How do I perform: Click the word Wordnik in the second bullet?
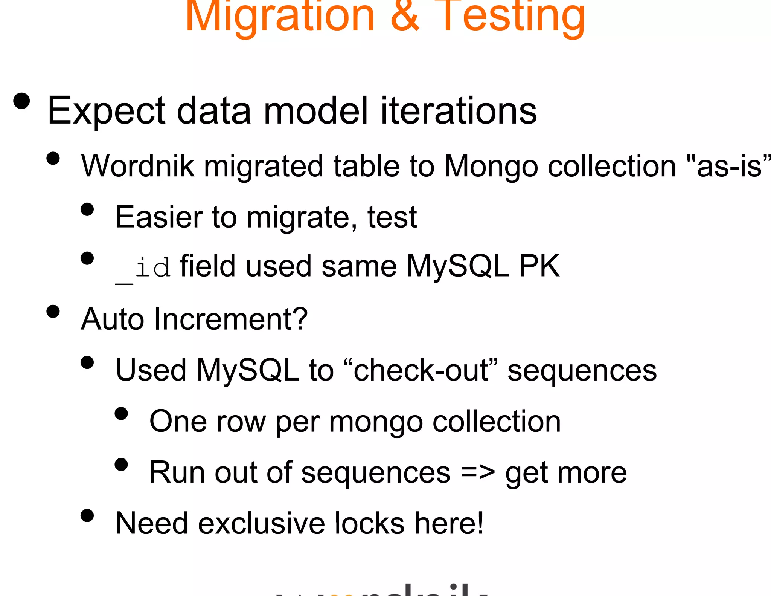tap(137, 166)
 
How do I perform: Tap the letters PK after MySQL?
tap(539, 266)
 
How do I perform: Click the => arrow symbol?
tap(477, 472)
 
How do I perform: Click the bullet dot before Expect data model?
tap(21, 101)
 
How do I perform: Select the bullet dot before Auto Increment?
tap(53, 312)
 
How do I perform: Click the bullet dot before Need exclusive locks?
tap(87, 515)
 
